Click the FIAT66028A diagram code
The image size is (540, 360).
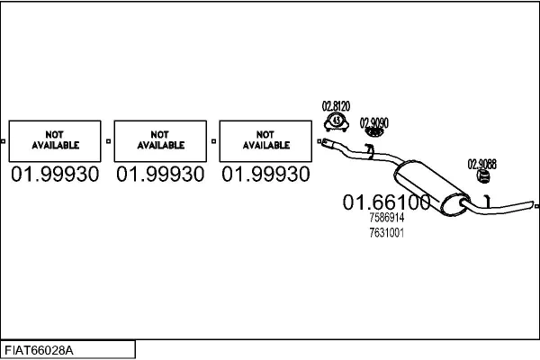pos(39,350)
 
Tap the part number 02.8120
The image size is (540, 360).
pos(336,106)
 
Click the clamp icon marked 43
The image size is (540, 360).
pos(337,122)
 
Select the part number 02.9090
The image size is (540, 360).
pos(374,122)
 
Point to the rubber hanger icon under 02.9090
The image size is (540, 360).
pos(374,132)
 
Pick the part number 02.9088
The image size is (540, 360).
pos(481,164)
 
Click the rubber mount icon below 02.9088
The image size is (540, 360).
pos(483,176)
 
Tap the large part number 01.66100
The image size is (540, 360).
pos(386,202)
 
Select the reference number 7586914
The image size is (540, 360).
pos(386,218)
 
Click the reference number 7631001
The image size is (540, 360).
pos(386,233)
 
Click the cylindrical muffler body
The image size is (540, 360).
pos(430,188)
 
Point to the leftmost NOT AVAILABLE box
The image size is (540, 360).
pos(55,141)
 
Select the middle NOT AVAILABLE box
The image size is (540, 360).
pos(160,141)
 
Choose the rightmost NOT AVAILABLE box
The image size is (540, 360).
pos(265,141)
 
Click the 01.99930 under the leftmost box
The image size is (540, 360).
pos(55,174)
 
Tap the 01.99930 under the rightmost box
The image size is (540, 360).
pos(265,174)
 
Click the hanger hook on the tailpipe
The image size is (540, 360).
pos(488,202)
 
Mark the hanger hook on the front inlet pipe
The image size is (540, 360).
pos(370,151)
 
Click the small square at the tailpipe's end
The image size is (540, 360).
pos(537,206)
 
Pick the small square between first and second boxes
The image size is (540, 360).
pos(109,141)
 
